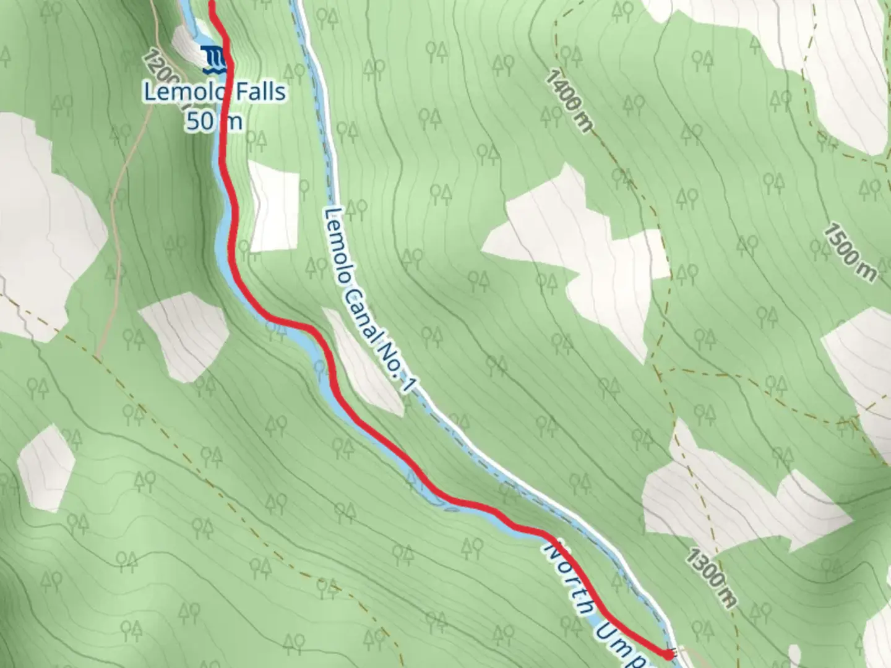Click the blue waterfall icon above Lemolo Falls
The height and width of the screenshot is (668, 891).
[215, 57]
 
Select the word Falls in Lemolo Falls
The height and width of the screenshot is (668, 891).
[260, 92]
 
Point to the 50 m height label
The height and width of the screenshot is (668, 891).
[213, 121]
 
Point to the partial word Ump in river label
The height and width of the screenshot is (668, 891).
[622, 643]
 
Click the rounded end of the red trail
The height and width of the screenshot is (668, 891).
[668, 654]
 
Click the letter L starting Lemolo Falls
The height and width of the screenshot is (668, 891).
[150, 92]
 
